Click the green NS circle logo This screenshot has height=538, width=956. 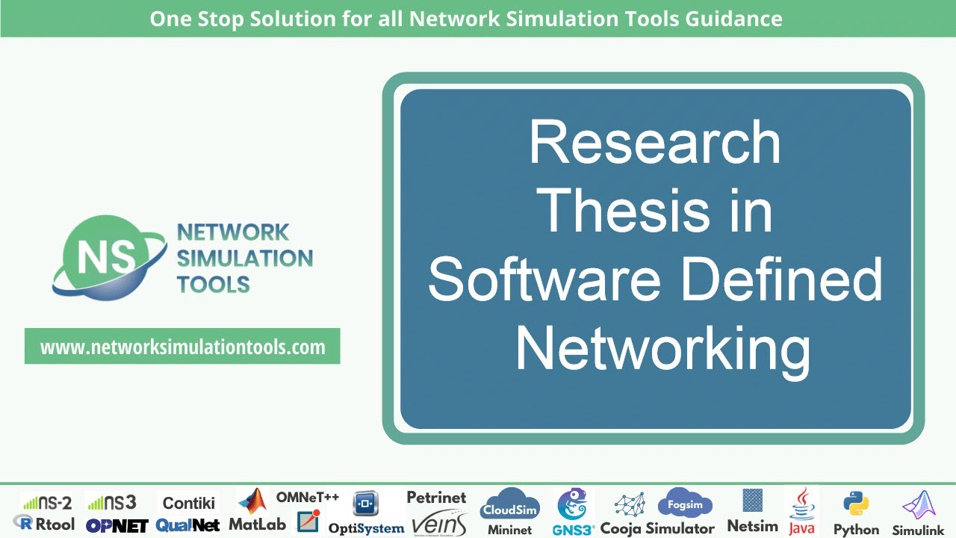[100, 256]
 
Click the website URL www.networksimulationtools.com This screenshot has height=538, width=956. [182, 347]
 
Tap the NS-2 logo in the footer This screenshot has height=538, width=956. [46, 502]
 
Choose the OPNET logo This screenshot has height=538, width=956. [117, 525]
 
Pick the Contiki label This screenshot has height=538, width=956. [189, 502]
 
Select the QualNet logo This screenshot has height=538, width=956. [187, 525]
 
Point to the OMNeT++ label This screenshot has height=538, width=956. [308, 497]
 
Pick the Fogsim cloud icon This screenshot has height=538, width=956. [685, 503]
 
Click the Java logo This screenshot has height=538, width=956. [801, 512]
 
